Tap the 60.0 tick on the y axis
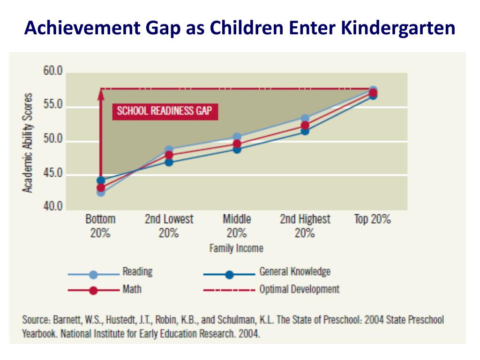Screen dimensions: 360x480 [x=53, y=72]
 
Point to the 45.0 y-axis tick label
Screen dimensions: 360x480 [x=53, y=174]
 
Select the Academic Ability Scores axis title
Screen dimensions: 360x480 [x=29, y=142]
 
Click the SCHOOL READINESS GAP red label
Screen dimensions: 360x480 [x=165, y=111]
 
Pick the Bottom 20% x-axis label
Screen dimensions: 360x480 [x=100, y=225]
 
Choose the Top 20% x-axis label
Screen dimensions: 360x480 [x=373, y=219]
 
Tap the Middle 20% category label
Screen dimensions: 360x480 [x=237, y=225]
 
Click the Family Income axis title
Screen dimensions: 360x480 [x=236, y=248]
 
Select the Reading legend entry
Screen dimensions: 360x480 [x=137, y=271]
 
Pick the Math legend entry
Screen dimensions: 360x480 [x=132, y=289]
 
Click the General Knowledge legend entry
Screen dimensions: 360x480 [x=295, y=271]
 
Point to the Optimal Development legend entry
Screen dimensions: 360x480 [x=300, y=289]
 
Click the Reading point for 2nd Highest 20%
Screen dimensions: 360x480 [x=305, y=119]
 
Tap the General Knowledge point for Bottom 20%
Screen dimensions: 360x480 [x=101, y=180]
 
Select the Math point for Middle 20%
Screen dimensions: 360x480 [x=237, y=144]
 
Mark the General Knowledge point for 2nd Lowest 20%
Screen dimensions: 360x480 [x=169, y=162]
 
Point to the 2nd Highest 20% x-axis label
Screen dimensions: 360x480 [x=305, y=225]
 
